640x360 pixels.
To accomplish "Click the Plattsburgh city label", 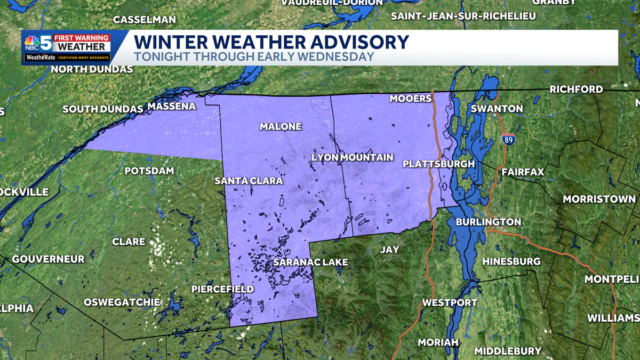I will [438, 164].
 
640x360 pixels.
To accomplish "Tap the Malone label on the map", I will [281, 126].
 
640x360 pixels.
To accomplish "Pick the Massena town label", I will [172, 107].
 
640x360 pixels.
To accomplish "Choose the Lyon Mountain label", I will [352, 157].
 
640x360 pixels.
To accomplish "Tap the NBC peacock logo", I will [32, 42].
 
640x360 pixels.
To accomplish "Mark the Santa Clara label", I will [249, 181].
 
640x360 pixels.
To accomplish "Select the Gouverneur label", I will [48, 259].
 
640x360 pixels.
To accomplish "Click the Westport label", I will [442, 303].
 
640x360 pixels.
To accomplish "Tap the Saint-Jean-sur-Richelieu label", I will [463, 16].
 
